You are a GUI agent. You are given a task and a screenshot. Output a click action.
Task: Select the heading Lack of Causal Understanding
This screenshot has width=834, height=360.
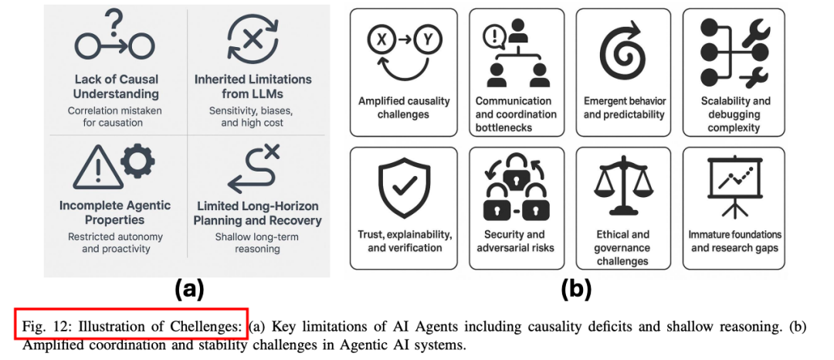pos(117,87)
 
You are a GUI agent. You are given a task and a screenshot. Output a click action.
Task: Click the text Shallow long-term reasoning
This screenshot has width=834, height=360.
pos(258,243)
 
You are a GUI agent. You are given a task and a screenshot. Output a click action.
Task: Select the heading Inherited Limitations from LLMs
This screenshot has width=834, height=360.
pos(252,87)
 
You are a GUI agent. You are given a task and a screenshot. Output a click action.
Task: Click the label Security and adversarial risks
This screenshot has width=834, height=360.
pos(515,241)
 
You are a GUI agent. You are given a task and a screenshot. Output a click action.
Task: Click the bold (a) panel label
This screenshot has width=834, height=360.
pos(189,290)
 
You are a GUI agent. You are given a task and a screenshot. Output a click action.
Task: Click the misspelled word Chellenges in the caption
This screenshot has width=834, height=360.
pos(208,326)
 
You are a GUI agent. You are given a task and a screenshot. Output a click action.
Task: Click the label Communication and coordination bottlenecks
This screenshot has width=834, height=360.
pos(514,114)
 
